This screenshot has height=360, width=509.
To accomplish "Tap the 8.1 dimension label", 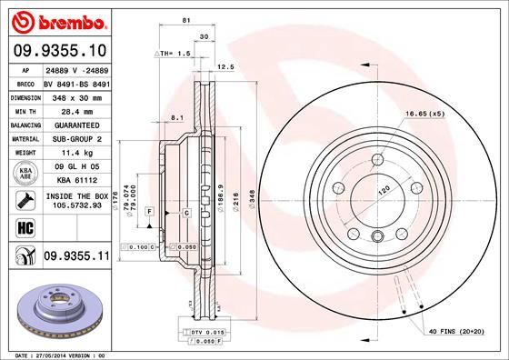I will click(x=178, y=117).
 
